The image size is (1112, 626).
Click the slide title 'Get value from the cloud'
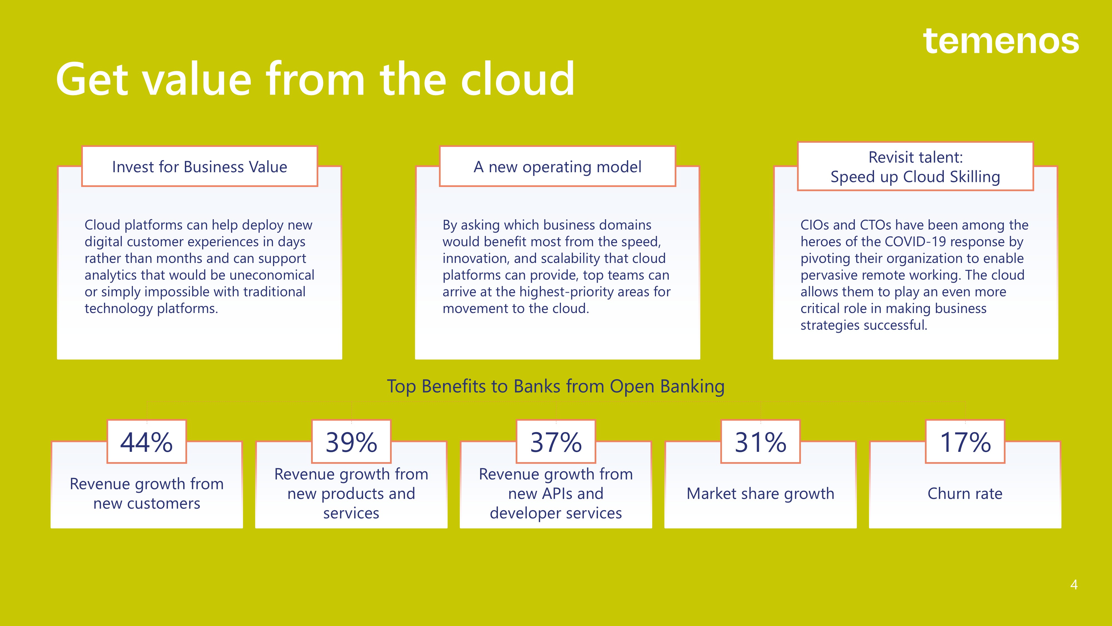point(315,79)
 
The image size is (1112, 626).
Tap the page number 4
point(1074,585)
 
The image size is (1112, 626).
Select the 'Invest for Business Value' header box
point(199,166)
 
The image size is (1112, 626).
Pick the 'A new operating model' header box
point(557,166)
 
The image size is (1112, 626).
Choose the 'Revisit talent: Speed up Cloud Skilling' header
point(915,166)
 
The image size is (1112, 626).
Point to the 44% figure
point(146,442)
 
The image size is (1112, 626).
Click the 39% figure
point(351,442)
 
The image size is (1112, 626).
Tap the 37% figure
point(556,442)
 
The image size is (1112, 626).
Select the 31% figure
point(761,442)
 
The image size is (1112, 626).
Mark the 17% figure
point(965,442)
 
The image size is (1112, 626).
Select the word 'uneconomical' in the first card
point(272,275)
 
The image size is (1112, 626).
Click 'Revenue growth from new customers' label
point(147,493)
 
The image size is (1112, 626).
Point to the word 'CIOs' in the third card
point(815,225)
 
